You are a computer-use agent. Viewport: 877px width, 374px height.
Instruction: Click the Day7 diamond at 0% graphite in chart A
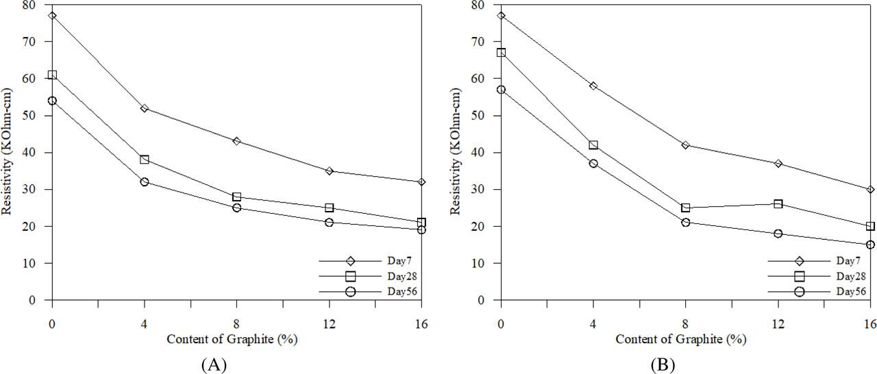coord(52,15)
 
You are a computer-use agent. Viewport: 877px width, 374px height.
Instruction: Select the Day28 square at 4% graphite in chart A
coord(145,160)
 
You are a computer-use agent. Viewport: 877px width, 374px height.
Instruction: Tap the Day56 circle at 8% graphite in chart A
coord(237,208)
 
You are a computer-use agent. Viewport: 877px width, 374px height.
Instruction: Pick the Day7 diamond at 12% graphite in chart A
coord(329,171)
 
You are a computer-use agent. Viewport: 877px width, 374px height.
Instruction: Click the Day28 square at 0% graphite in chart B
coord(501,52)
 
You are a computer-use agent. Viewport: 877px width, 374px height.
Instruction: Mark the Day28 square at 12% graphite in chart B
coord(778,203)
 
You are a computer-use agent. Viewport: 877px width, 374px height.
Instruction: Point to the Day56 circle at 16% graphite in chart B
coord(870,245)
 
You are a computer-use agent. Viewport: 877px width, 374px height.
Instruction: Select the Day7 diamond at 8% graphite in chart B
coord(686,145)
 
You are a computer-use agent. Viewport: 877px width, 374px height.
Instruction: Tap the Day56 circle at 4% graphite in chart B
coord(593,163)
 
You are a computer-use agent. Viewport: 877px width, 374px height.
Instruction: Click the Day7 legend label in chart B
coord(848,261)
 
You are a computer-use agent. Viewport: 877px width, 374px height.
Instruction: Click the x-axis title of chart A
coord(236,339)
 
